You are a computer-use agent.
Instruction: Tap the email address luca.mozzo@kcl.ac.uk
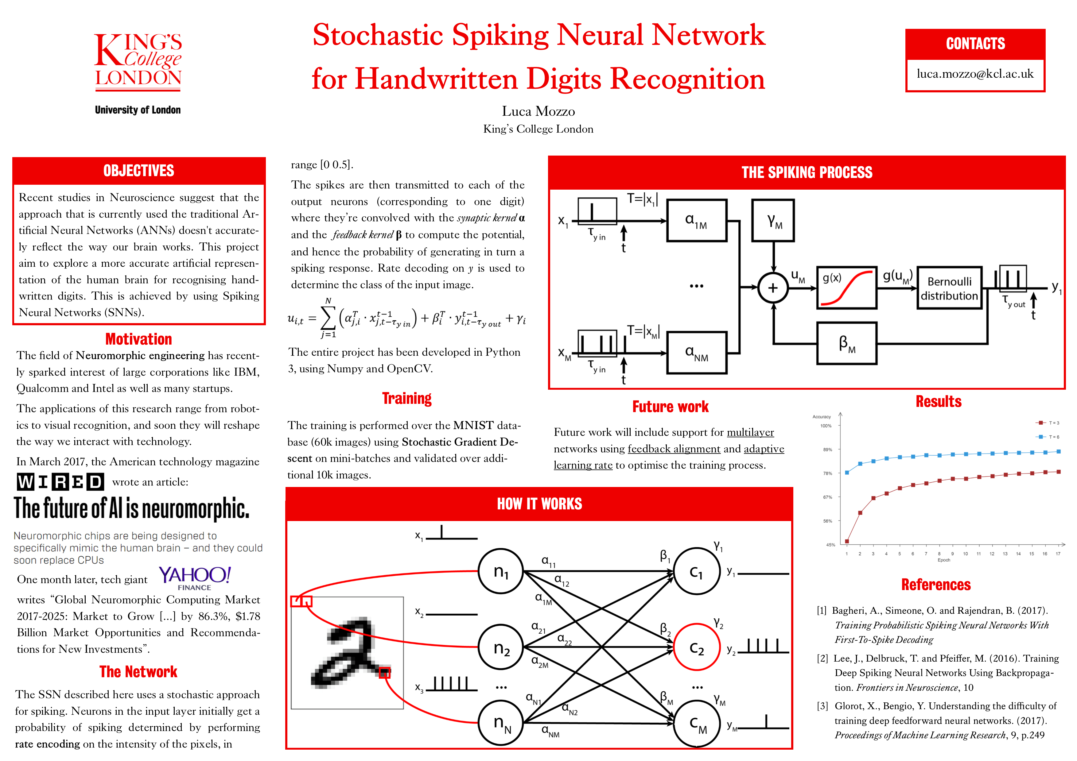pyautogui.click(x=975, y=74)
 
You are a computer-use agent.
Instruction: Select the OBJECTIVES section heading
pyautogui.click(x=139, y=171)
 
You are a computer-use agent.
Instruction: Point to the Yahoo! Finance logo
pyautogui.click(x=195, y=578)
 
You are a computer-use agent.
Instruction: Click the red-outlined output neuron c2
pyautogui.click(x=697, y=647)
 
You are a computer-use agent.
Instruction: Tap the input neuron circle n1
pyautogui.click(x=500, y=571)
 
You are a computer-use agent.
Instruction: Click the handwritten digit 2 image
pyautogui.click(x=347, y=653)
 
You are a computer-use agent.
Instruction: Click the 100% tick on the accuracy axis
pyautogui.click(x=826, y=426)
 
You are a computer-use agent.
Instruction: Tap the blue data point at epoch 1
pyautogui.click(x=847, y=473)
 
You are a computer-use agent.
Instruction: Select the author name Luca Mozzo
pyautogui.click(x=538, y=112)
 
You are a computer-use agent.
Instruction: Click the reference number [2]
pyautogui.click(x=822, y=658)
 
